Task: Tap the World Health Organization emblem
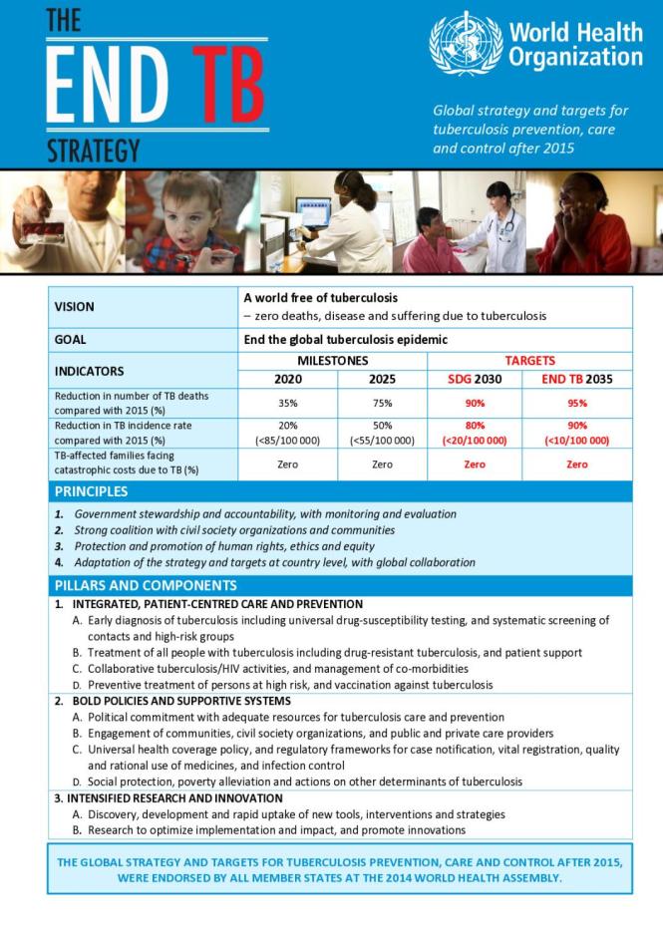[466, 43]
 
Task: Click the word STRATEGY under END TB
[93, 152]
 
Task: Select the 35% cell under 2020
[287, 404]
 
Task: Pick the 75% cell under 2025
[382, 404]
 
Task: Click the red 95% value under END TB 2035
[576, 404]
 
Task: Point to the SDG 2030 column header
[474, 379]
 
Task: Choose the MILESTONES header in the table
[333, 360]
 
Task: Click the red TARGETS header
[529, 360]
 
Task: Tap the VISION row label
[75, 307]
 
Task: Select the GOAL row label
[70, 340]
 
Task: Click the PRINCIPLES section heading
[92, 491]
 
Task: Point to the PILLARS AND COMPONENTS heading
[146, 585]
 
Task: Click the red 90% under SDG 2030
[474, 404]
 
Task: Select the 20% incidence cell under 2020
[287, 426]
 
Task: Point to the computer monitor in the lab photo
[313, 213]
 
